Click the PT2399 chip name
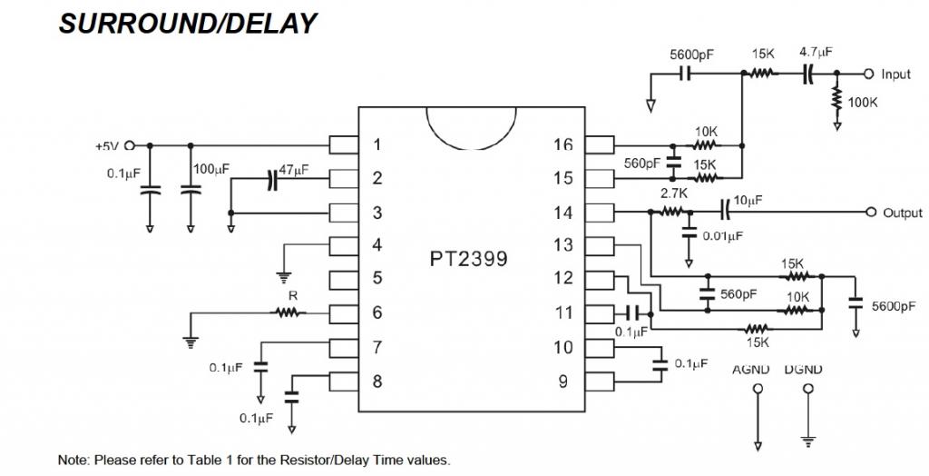point(468,258)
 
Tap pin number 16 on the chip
point(562,144)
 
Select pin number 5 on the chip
point(377,279)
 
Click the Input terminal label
point(895,74)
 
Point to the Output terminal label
point(902,213)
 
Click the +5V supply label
point(107,145)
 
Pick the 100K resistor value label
point(862,103)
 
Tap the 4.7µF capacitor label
point(816,53)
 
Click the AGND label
point(750,370)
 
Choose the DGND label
point(804,370)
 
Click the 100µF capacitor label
point(210,170)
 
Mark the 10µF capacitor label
point(748,199)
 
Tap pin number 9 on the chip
point(562,382)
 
